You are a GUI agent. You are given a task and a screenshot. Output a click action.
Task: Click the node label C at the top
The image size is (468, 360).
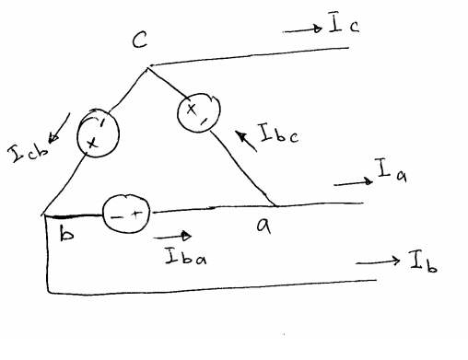pos(140,41)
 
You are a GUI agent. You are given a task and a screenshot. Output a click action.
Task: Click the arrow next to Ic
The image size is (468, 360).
pos(300,29)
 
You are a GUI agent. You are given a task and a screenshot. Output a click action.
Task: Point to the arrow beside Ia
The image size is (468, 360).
pos(350,183)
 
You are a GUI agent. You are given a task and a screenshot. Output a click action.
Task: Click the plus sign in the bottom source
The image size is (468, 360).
pos(136,214)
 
